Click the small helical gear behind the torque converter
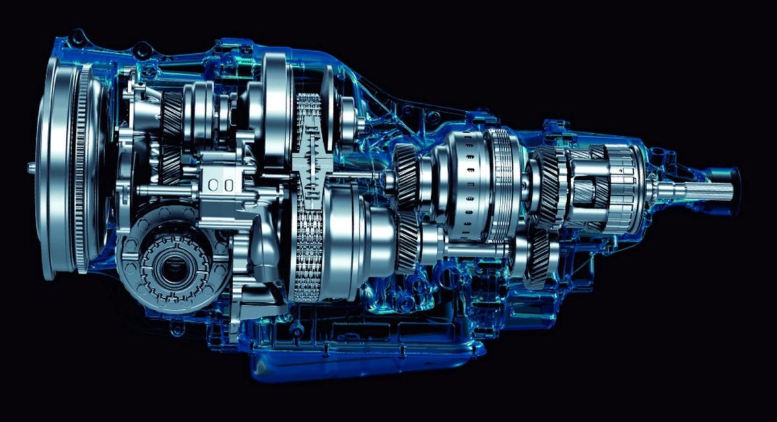click(172, 117)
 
